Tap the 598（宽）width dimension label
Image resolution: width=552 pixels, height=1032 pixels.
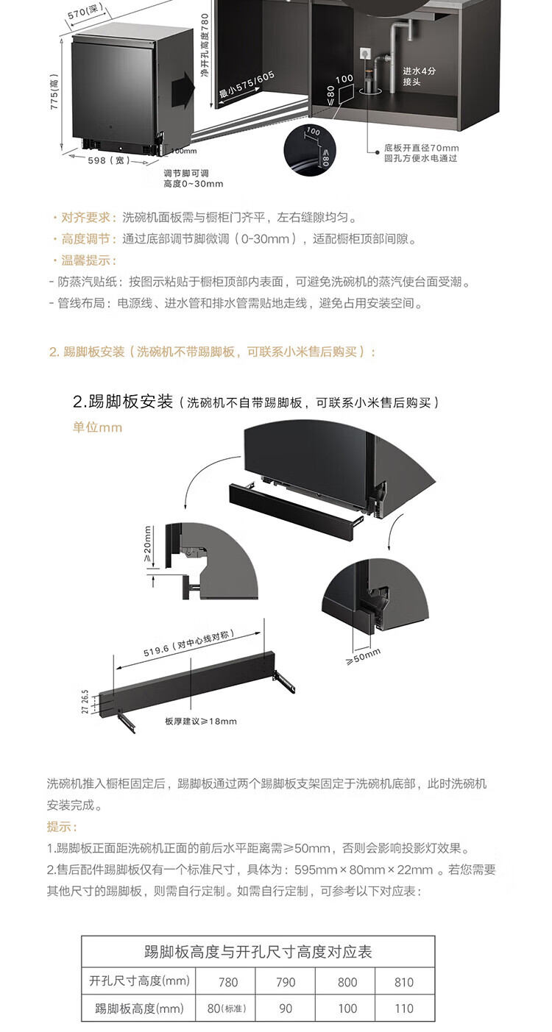click(x=109, y=160)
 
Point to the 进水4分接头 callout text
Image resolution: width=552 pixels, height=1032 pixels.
click(x=419, y=76)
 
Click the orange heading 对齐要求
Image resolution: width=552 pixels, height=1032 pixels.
click(x=85, y=218)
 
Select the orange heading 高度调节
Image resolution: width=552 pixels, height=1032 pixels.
click(x=85, y=239)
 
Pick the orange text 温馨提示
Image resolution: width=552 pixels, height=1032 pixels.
click(x=85, y=260)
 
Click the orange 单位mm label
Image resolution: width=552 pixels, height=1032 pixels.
click(x=97, y=427)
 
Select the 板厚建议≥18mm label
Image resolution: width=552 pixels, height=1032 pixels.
click(x=201, y=721)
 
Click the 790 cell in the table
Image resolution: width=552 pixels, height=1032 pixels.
click(x=286, y=982)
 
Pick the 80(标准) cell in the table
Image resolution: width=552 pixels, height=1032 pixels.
click(x=226, y=1008)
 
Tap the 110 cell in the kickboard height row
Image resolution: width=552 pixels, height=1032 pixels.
click(x=404, y=1008)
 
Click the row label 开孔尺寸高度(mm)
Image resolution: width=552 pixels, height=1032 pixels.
click(x=139, y=981)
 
